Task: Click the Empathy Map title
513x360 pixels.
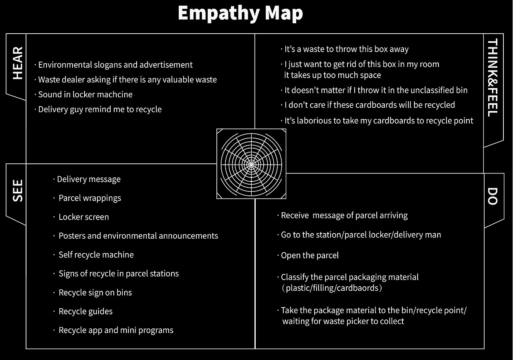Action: [240, 14]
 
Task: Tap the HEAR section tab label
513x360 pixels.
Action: [18, 63]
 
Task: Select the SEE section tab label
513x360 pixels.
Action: [18, 191]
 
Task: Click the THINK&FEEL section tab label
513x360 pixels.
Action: [493, 78]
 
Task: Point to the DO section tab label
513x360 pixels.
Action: [493, 196]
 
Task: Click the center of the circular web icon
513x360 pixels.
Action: [251, 165]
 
